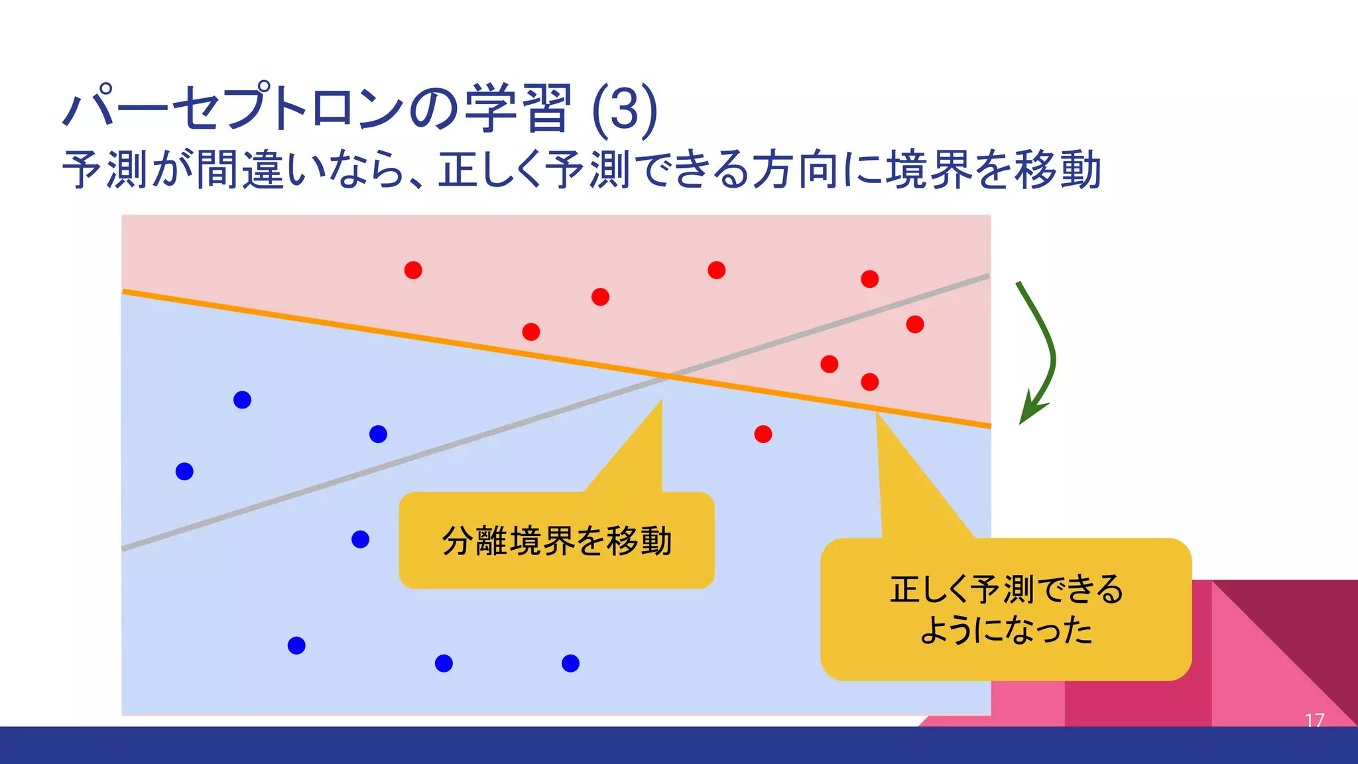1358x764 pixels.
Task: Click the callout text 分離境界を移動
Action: click(556, 541)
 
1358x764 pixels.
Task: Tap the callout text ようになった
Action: click(1006, 630)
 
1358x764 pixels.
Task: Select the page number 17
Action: click(1314, 720)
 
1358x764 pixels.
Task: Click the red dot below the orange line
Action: click(763, 434)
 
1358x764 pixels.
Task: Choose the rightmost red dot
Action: click(915, 324)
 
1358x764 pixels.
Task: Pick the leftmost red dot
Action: click(413, 270)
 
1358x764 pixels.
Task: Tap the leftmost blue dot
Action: click(184, 472)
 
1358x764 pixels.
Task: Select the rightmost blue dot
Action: click(570, 663)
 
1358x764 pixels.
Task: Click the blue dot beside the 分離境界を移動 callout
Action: click(360, 539)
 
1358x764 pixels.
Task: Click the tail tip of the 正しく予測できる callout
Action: click(877, 413)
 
